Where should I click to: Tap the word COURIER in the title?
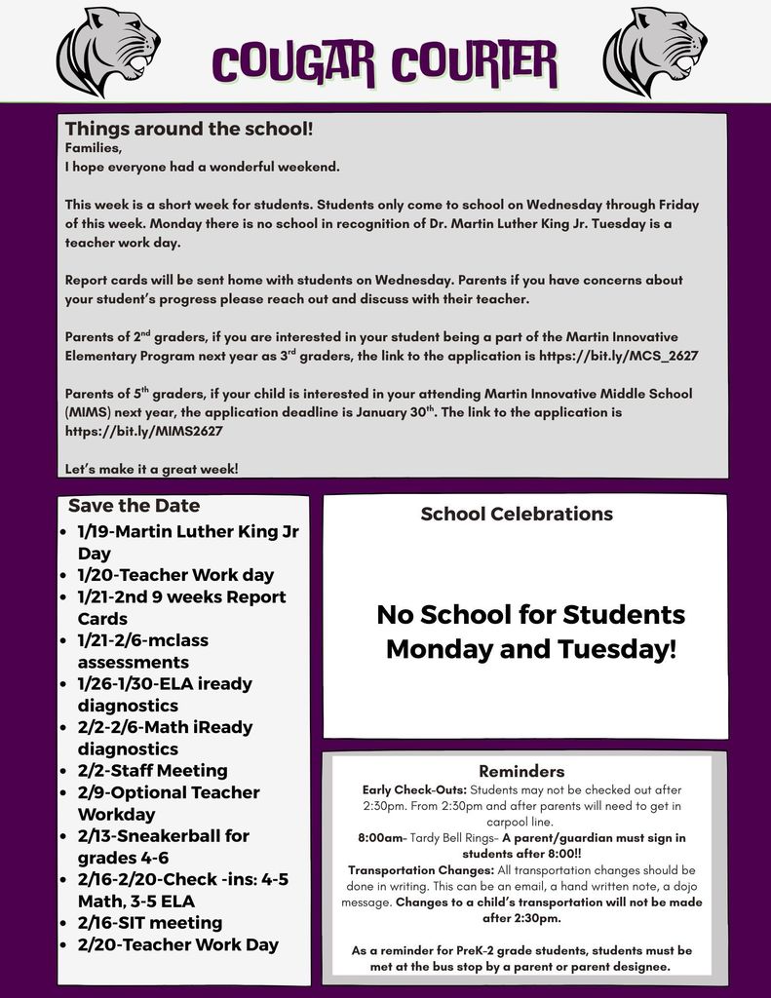tap(475, 64)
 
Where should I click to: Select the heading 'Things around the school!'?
tap(189, 129)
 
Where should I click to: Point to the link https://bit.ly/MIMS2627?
tap(143, 431)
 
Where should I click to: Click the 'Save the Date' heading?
tap(134, 506)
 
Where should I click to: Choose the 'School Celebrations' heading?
tap(517, 514)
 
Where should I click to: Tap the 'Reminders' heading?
tap(521, 771)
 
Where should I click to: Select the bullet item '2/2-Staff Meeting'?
tap(152, 771)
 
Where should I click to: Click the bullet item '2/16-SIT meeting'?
tap(149, 923)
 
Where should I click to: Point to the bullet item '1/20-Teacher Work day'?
tap(175, 575)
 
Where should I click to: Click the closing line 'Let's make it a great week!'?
tap(151, 469)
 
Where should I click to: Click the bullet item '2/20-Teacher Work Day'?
tap(177, 944)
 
